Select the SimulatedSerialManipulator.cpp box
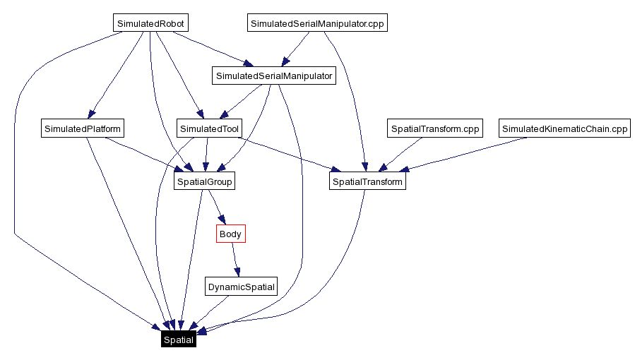point(318,23)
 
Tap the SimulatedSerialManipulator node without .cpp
point(273,76)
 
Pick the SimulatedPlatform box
point(83,129)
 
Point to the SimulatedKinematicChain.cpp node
point(564,129)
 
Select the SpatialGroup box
point(204,182)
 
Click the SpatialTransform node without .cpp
point(367,182)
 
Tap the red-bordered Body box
point(230,234)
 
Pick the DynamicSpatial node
point(240,287)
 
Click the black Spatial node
point(178,340)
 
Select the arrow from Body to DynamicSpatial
point(236,260)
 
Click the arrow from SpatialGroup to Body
point(216,208)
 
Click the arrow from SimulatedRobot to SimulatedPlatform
point(112,78)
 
